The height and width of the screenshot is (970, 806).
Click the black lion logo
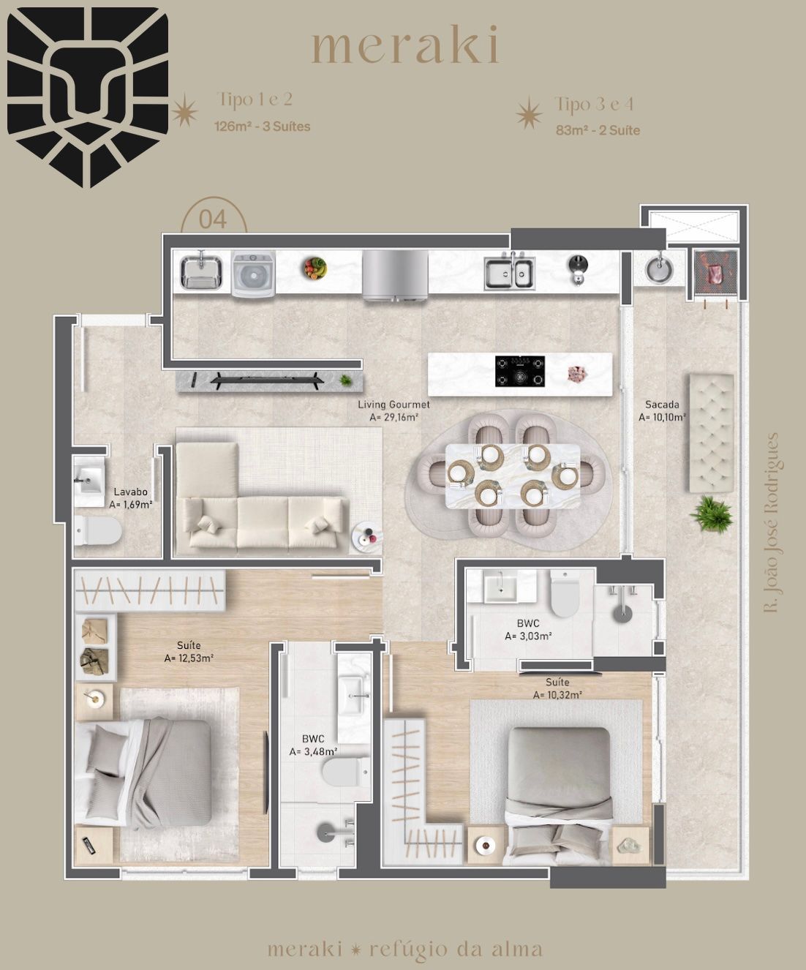tap(87, 97)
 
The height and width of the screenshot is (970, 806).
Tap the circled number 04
tap(214, 219)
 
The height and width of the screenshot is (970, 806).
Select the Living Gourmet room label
tap(393, 410)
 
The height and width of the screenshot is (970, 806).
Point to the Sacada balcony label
tap(661, 410)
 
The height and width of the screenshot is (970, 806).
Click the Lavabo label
tap(130, 498)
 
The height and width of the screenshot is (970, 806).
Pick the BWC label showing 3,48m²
tap(313, 745)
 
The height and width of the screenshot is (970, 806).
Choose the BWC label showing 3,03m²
tap(528, 630)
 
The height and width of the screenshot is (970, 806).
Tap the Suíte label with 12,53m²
tap(189, 652)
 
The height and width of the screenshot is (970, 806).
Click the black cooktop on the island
tap(520, 371)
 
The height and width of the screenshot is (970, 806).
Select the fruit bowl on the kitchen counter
tap(315, 268)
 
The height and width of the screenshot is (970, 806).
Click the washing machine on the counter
tap(253, 274)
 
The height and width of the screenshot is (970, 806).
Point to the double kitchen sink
tap(509, 272)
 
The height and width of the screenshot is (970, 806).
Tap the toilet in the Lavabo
tap(97, 530)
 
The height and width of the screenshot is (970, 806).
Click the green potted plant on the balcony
tap(710, 514)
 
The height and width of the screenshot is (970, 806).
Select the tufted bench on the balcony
tap(711, 433)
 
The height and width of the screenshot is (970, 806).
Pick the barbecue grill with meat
tap(715, 274)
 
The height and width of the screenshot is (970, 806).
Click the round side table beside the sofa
tap(367, 538)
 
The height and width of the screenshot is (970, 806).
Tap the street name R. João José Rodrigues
tap(771, 522)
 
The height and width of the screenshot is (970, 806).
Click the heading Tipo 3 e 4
tap(594, 105)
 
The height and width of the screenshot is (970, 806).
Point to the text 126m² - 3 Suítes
tap(262, 127)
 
